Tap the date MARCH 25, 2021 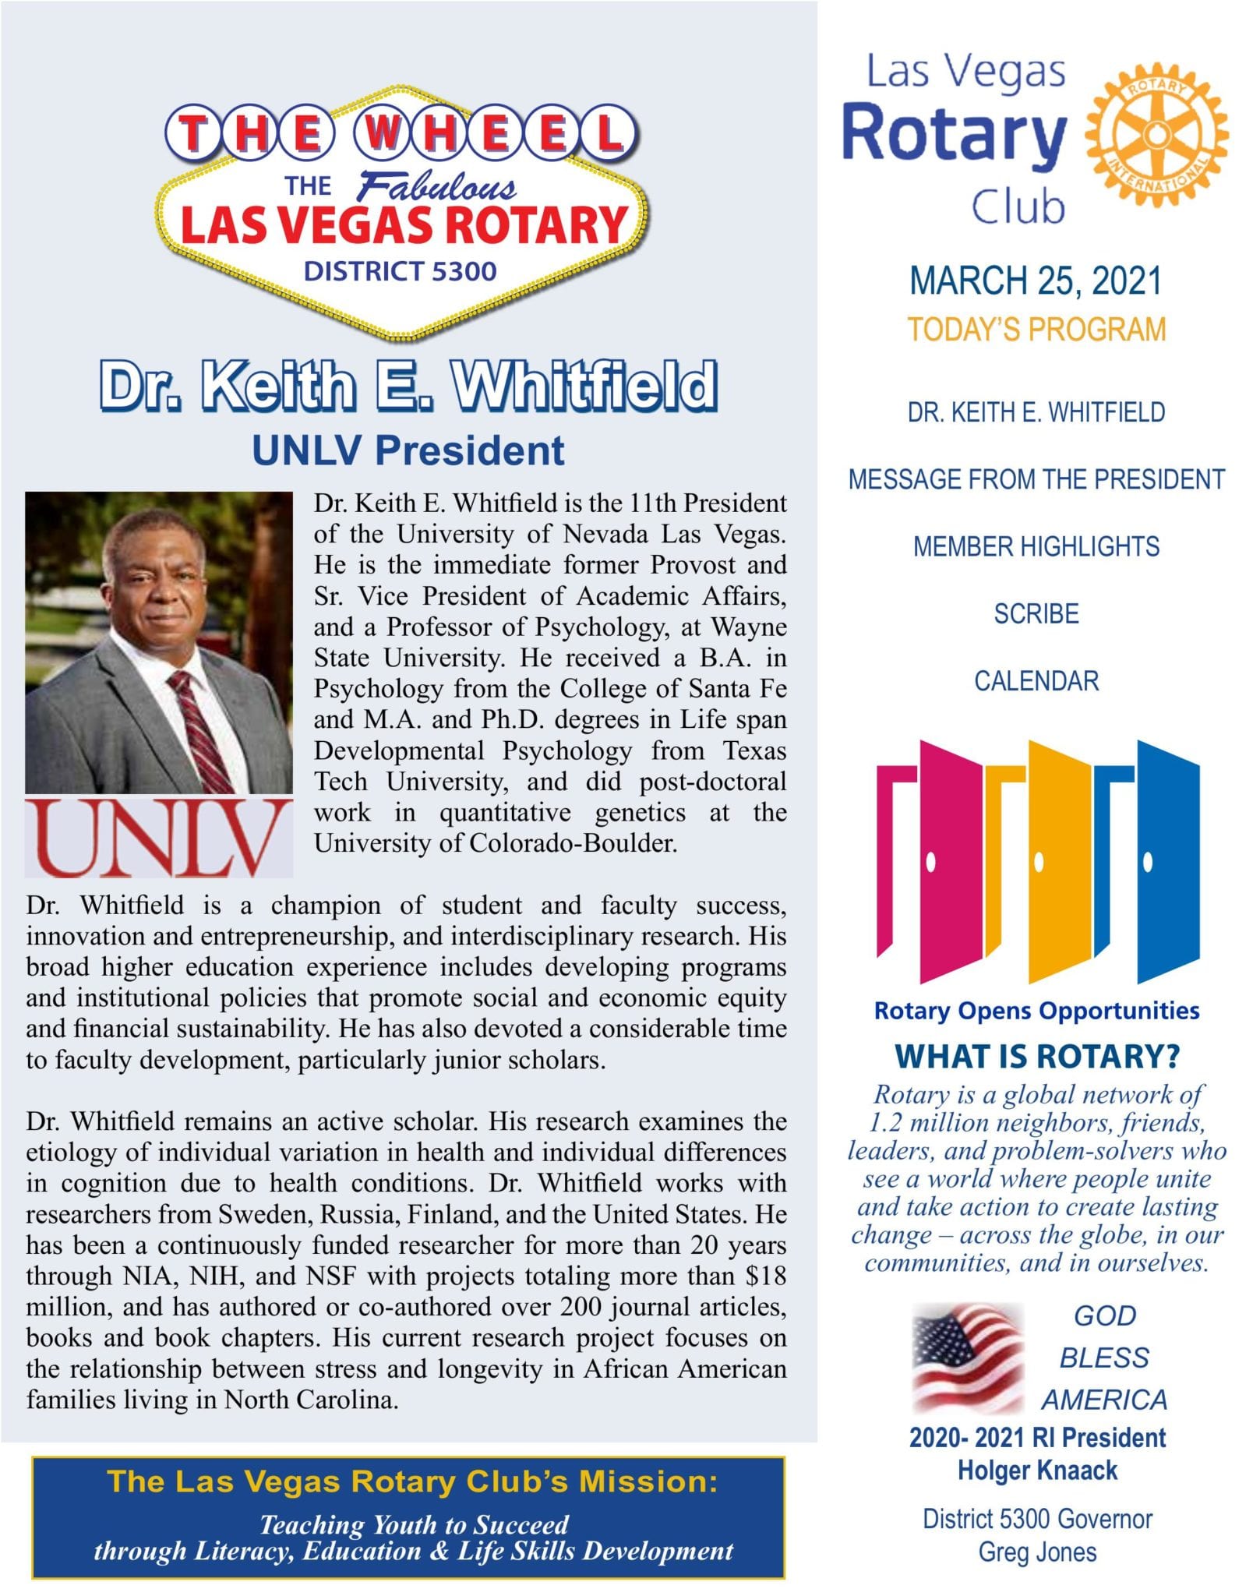[1036, 281]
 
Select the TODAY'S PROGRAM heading [1036, 330]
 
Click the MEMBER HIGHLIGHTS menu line [1036, 547]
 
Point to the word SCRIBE [1036, 614]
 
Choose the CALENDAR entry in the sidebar [1036, 681]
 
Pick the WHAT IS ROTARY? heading [1036, 1057]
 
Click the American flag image [968, 1359]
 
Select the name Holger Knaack [1037, 1471]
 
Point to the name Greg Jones [1037, 1552]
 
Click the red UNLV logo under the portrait [159, 839]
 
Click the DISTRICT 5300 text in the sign [400, 271]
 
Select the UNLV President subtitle [408, 450]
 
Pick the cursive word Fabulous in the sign [436, 188]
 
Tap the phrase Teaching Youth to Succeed [414, 1524]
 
